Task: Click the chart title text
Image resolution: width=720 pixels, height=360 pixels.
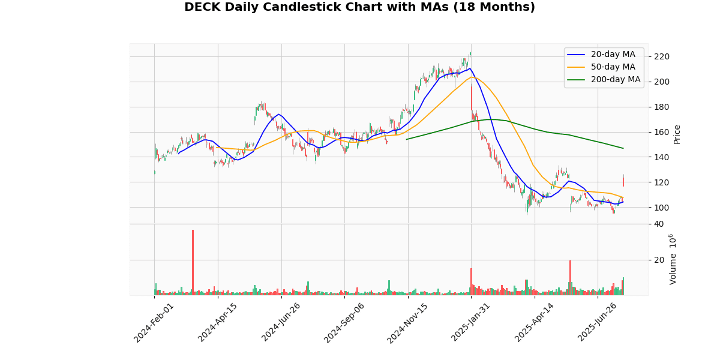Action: click(x=359, y=7)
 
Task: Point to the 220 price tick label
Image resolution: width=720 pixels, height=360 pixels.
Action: click(x=662, y=57)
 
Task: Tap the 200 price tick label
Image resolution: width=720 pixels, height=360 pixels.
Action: click(x=662, y=82)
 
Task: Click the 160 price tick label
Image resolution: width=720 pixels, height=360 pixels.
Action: click(x=662, y=132)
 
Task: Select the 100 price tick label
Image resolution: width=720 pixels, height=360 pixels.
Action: click(x=662, y=208)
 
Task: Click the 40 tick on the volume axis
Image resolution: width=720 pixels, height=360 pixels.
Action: click(x=659, y=224)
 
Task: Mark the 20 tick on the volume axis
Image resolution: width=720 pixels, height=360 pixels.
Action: click(x=659, y=260)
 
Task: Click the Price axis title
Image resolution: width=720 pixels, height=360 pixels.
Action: click(x=677, y=134)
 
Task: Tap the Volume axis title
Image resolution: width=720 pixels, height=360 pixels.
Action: click(x=673, y=259)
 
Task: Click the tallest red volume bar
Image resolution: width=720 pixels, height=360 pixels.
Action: click(x=193, y=262)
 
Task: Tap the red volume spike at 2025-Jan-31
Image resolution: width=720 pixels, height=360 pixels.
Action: click(x=471, y=281)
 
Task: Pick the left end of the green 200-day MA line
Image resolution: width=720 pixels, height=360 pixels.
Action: click(x=407, y=139)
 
